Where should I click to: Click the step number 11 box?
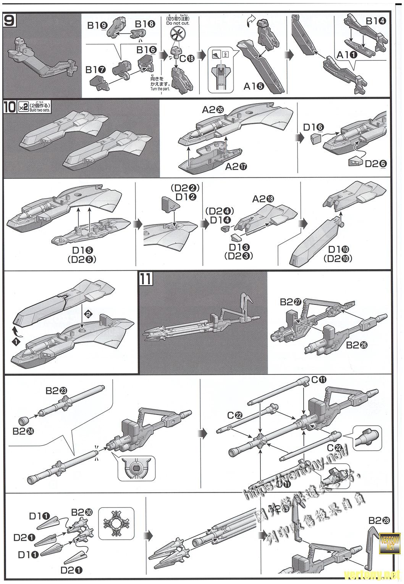146,278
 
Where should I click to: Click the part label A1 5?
254,86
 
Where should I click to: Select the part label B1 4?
376,21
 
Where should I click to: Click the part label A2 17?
236,167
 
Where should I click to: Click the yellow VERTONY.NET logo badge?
391,542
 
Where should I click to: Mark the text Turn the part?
160,89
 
